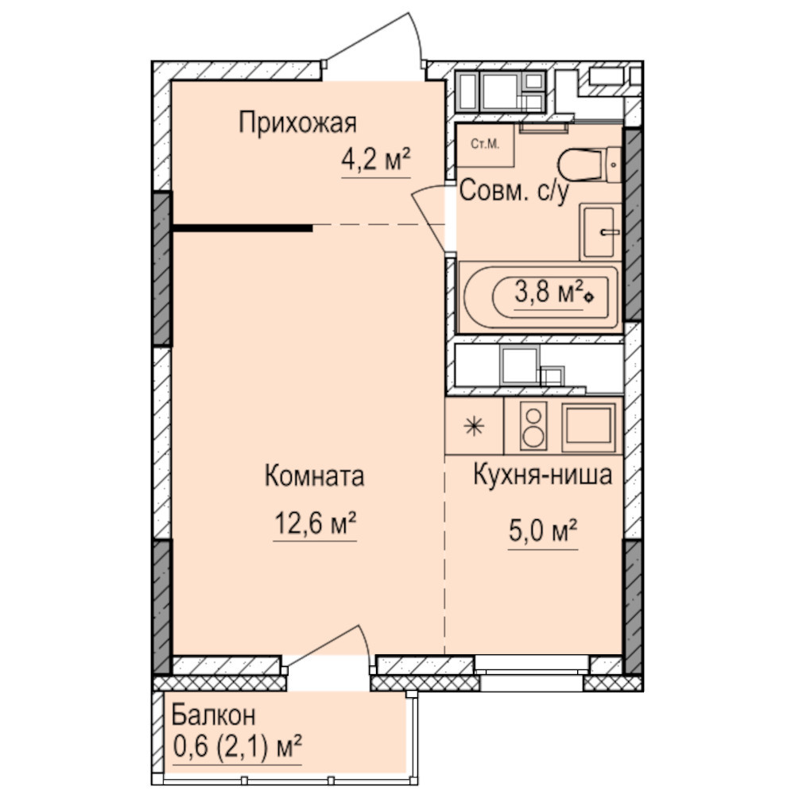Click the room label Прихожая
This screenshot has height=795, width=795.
click(x=297, y=122)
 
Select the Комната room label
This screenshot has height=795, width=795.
click(x=314, y=476)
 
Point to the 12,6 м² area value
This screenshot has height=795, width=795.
click(x=315, y=523)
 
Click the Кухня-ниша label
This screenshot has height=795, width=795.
click(x=542, y=475)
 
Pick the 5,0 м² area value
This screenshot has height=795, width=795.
click(x=543, y=531)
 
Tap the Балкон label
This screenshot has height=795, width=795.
click(x=213, y=715)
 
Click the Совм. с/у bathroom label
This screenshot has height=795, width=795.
click(x=514, y=191)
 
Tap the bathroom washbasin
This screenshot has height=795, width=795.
click(x=601, y=231)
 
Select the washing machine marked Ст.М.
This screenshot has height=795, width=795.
click(x=485, y=145)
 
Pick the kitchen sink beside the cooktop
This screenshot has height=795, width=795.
click(x=588, y=427)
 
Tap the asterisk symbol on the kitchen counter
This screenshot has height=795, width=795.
click(x=474, y=426)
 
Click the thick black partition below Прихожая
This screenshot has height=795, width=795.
click(x=242, y=228)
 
